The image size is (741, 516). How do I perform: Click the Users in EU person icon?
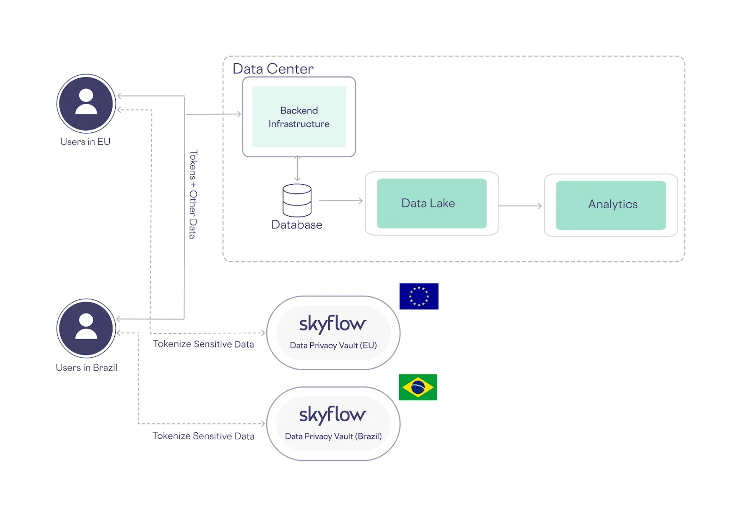pyautogui.click(x=86, y=103)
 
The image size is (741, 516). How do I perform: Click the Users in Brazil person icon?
pyautogui.click(x=86, y=328)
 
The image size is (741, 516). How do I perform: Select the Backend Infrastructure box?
pyautogui.click(x=299, y=117)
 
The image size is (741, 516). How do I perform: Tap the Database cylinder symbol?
pyautogui.click(x=297, y=200)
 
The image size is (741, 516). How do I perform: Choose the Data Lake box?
pyautogui.click(x=432, y=204)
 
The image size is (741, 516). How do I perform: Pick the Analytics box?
pyautogui.click(x=611, y=205)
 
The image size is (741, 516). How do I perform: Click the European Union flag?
pyautogui.click(x=419, y=296)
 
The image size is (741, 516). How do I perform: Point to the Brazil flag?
pyautogui.click(x=418, y=387)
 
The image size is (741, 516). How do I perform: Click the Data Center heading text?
pyautogui.click(x=273, y=69)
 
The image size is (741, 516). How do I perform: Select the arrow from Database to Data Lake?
pyautogui.click(x=341, y=201)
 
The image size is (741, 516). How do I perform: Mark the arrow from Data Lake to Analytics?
pyautogui.click(x=520, y=206)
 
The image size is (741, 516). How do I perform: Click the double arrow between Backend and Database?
pyautogui.click(x=297, y=168)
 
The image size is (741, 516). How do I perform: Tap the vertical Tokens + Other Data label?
pyautogui.click(x=193, y=194)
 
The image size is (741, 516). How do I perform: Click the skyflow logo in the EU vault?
pyautogui.click(x=333, y=323)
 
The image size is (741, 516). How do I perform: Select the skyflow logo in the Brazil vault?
pyautogui.click(x=333, y=414)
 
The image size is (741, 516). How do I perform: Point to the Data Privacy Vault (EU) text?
pyautogui.click(x=333, y=345)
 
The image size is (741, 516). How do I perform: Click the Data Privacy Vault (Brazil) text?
pyautogui.click(x=333, y=436)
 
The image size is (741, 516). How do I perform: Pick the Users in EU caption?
pyautogui.click(x=85, y=142)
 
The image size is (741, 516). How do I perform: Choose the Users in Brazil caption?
pyautogui.click(x=87, y=368)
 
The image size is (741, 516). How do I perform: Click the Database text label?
pyautogui.click(x=297, y=225)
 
